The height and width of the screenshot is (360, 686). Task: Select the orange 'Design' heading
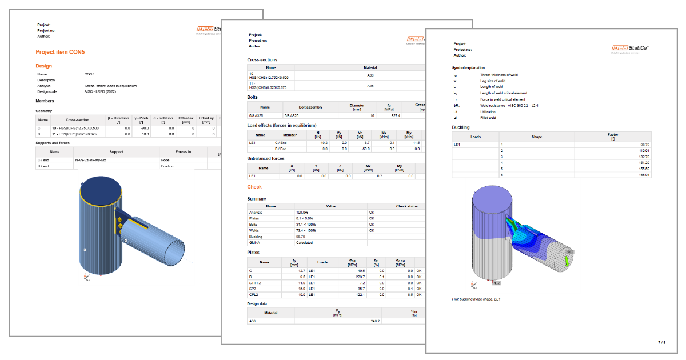[x=44, y=66]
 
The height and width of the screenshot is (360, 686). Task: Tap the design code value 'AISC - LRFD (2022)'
[x=103, y=91]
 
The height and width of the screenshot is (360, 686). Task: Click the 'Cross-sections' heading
[x=262, y=60]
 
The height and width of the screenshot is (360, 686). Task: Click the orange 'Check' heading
[x=254, y=187]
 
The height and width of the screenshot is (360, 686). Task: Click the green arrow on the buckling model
[x=567, y=259]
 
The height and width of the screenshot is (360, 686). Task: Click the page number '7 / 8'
[x=661, y=342]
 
